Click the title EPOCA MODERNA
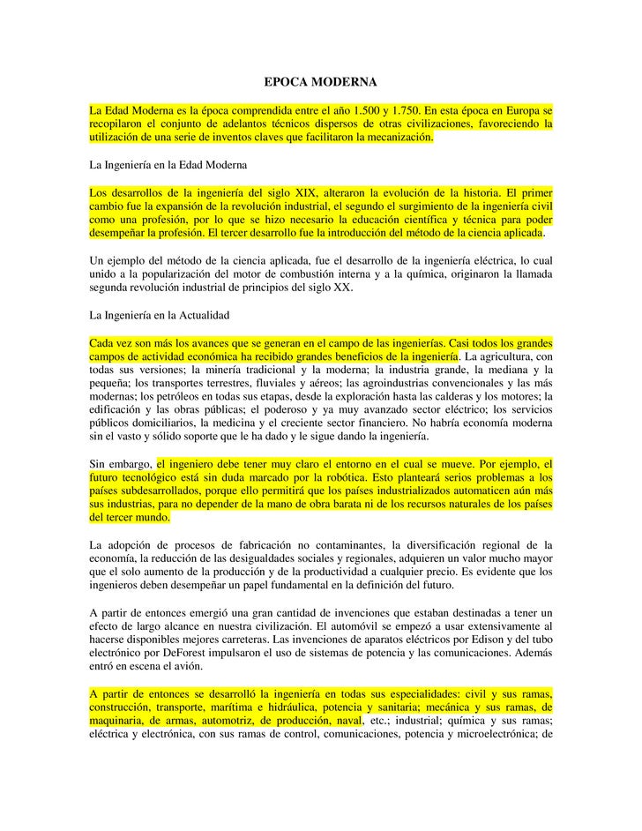click(320, 82)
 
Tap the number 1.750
click(406, 110)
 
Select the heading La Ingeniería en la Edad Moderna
click(168, 165)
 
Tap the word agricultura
click(511, 356)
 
